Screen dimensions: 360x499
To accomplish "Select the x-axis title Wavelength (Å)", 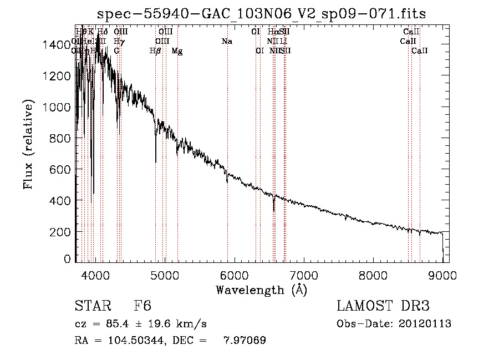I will tap(262, 289).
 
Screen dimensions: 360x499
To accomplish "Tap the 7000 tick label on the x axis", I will tap(304, 273).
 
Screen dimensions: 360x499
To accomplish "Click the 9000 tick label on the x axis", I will tap(442, 273).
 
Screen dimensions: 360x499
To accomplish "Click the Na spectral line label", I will tap(227, 41).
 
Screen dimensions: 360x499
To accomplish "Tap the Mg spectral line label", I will tap(177, 51).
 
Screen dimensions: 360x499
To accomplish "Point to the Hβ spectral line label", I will tap(156, 51).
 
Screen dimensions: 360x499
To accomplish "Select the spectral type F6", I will tap(142, 307).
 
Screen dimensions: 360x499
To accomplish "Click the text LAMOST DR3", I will tap(383, 307).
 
